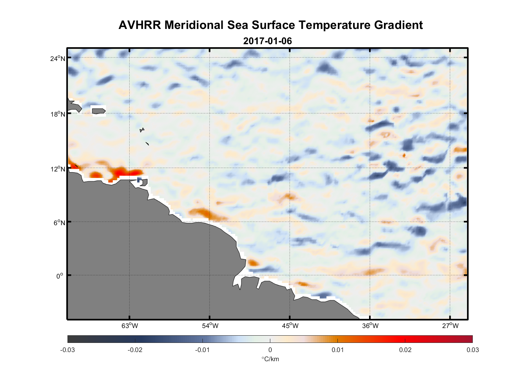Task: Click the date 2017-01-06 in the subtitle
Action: coord(267,41)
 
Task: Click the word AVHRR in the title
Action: coord(140,25)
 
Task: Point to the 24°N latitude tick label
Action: coord(58,58)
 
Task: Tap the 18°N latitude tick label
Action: coord(58,114)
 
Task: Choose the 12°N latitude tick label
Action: coord(58,169)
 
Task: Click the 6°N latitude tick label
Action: coord(59,223)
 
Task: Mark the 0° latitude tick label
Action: coord(60,276)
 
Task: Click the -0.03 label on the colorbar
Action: coord(67,350)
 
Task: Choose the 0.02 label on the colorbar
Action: coord(405,350)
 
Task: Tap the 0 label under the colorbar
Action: coord(270,350)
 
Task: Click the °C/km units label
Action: coord(270,359)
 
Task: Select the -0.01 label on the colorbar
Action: coord(202,350)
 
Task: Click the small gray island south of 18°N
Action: coord(142,130)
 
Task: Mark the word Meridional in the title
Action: coord(194,25)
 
